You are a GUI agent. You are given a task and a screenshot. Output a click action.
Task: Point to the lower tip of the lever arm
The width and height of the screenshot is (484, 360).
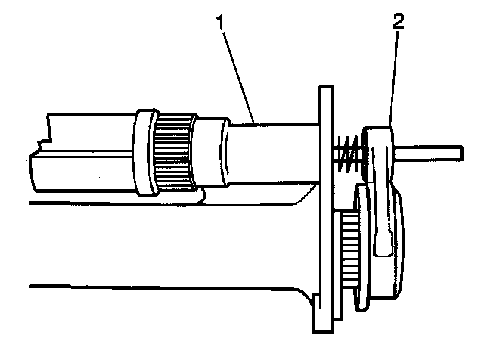tap(384, 250)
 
